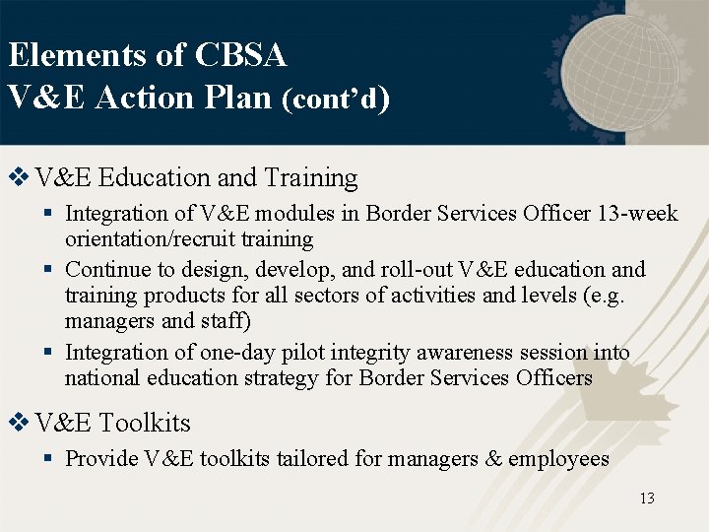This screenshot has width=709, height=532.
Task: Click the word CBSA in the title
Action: point(240,55)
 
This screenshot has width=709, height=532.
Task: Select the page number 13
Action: point(646,499)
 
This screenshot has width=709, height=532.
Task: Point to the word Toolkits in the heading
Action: point(145,424)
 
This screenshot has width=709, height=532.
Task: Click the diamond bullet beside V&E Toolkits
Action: point(18,423)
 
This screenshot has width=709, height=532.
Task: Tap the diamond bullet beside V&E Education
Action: point(18,177)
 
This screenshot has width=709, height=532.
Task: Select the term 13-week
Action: point(638,214)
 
